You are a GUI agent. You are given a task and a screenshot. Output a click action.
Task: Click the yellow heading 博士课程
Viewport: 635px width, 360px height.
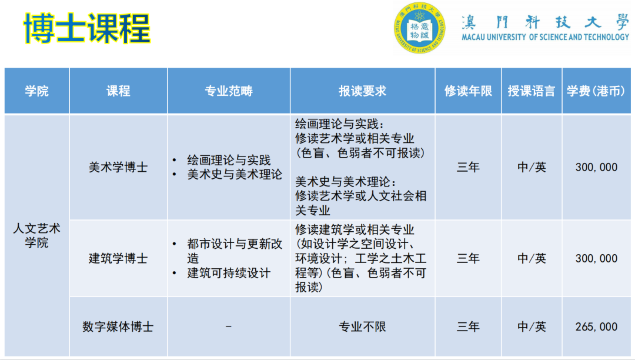(87, 28)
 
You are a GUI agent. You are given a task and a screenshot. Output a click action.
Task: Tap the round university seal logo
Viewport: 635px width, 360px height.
(419, 28)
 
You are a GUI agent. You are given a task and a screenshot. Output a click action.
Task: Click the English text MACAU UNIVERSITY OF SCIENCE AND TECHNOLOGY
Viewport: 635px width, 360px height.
(545, 37)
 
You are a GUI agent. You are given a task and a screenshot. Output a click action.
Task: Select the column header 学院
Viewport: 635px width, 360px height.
(36, 91)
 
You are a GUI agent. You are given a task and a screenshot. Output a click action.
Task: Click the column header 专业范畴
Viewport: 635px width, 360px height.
(228, 91)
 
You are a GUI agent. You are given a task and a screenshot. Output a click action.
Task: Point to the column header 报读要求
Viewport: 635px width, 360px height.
(362, 91)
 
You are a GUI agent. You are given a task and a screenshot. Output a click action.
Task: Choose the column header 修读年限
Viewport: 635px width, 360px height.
(468, 91)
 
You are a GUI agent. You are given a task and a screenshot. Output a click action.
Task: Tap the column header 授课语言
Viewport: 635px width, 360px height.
(532, 91)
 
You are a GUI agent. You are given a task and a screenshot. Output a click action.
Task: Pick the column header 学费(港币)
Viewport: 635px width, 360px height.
(596, 91)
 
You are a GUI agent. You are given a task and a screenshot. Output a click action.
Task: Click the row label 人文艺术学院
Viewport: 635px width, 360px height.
(36, 235)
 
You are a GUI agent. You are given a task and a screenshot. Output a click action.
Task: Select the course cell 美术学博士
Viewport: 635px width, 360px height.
(118, 167)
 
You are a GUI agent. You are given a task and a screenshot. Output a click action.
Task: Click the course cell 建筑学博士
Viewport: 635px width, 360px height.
(118, 258)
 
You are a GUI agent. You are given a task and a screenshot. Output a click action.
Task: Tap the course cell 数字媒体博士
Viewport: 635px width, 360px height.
(118, 326)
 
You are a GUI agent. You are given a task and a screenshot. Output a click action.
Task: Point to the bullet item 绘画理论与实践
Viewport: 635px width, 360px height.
(229, 160)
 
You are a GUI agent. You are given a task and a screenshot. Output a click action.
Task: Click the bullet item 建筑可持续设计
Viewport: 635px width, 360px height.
(229, 273)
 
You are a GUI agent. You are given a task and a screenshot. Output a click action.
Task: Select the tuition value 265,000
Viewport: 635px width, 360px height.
(596, 326)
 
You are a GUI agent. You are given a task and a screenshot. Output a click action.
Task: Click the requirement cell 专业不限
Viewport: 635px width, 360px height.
(362, 326)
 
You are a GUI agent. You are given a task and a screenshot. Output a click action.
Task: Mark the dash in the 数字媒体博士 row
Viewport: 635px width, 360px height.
(228, 326)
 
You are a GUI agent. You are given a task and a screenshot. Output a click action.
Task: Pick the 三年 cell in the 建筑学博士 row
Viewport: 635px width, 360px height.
(468, 258)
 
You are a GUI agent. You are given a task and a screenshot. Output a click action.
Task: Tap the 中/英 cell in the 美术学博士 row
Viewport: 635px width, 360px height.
(532, 167)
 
